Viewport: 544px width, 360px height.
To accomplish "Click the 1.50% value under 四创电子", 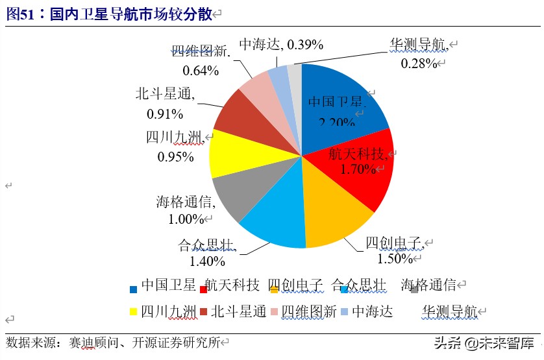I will coord(395,258).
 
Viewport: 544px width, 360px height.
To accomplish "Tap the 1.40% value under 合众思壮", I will coord(207,261).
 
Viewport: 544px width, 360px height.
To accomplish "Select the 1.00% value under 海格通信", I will coord(186,219).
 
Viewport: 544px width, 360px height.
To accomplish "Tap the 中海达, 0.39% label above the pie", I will coord(280,44).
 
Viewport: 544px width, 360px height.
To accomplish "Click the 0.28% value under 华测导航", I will coord(417,63).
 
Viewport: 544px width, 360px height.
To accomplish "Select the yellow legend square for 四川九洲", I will coord(133,312).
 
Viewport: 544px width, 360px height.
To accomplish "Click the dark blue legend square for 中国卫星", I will coord(133,287).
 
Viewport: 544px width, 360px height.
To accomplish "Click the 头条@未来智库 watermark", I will coord(483,342).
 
